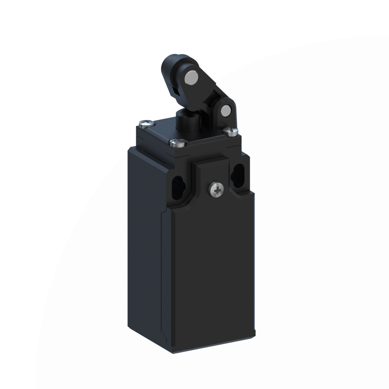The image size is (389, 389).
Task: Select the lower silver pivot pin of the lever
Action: [225, 112]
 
